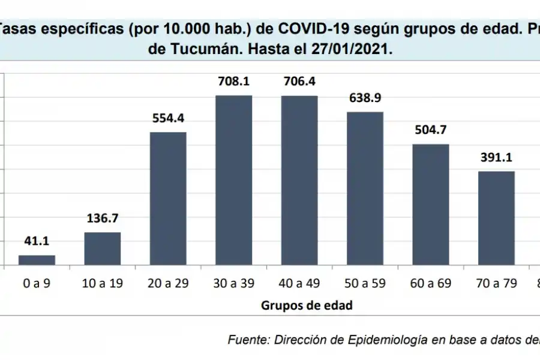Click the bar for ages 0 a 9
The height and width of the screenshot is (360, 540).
click(37, 260)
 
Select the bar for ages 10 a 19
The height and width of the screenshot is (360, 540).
click(102, 248)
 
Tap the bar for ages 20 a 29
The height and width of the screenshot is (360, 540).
click(168, 198)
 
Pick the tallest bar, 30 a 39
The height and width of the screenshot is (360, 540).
click(233, 180)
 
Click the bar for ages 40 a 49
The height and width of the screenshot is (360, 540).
click(299, 180)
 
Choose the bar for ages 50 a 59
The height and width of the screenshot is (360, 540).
click(365, 188)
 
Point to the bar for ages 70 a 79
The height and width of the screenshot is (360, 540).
click(496, 218)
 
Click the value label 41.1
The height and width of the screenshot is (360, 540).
click(37, 241)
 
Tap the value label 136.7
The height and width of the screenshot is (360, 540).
click(102, 218)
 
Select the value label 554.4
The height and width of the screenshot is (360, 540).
click(168, 118)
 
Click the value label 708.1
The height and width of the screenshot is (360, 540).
click(233, 81)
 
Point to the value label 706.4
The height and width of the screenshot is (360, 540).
click(299, 81)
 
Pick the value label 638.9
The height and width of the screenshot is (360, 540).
click(365, 97)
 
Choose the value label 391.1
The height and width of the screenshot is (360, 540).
click(496, 157)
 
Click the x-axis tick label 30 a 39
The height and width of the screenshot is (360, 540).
click(233, 284)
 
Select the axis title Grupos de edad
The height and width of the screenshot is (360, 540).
click(306, 305)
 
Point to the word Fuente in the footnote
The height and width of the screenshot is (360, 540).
click(247, 340)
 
